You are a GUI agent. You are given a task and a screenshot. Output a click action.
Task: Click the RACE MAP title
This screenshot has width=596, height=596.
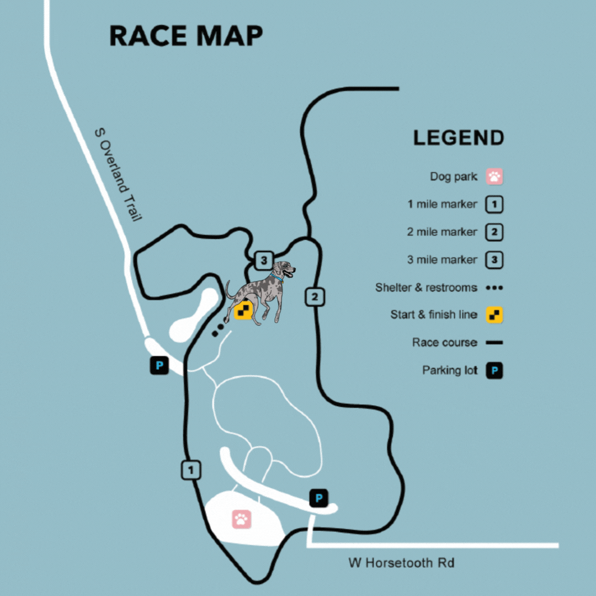coord(185,36)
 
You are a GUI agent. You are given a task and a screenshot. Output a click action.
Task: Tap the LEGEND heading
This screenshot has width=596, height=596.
coord(459,138)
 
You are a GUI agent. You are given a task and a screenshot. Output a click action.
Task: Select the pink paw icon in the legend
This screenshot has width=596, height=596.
coord(494,177)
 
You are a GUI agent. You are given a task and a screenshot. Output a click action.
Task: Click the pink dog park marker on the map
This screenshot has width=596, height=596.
coord(241,519)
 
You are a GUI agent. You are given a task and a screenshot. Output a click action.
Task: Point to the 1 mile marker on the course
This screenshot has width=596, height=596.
coord(191,470)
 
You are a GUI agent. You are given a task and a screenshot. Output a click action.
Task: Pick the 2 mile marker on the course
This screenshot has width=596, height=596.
coord(315,297)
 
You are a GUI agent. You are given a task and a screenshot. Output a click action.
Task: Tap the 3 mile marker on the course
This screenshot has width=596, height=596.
coord(264,259)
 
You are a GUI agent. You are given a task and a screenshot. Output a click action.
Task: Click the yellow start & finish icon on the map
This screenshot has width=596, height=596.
coord(243,310)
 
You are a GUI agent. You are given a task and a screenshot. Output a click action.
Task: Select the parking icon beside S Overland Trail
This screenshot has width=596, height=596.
coord(159,365)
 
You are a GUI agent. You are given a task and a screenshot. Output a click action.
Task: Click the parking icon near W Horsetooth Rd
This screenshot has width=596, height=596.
coord(318,498)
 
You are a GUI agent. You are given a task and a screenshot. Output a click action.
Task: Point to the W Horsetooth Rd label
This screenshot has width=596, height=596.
coord(401,563)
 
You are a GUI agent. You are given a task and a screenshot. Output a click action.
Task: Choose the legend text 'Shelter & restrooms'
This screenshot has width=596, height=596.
coord(426,288)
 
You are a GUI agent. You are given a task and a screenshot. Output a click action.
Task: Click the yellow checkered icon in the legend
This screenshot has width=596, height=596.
coord(494,315)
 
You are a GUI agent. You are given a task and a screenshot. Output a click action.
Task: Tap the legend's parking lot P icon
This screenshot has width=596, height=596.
coord(494,371)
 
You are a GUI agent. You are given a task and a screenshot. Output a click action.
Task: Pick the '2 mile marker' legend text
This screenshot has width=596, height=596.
coord(441,232)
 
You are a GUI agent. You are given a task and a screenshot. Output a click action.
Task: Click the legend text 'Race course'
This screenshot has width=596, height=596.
coord(444,343)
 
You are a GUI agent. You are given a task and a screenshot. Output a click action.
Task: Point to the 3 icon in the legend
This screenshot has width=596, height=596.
coord(494,260)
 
